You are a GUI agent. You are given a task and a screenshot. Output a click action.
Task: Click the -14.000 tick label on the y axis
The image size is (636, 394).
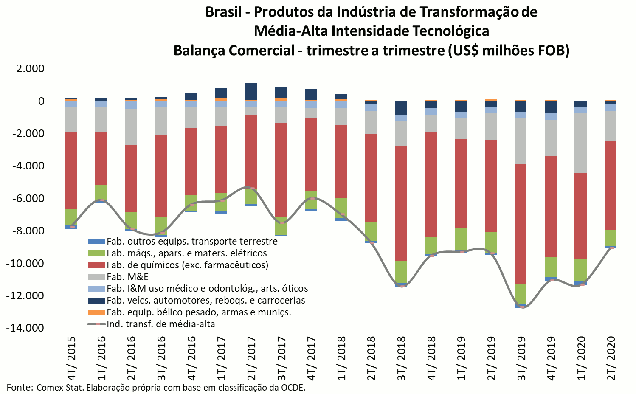click(x=25, y=328)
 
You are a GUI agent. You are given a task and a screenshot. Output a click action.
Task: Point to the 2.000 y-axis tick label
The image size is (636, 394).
click(x=30, y=69)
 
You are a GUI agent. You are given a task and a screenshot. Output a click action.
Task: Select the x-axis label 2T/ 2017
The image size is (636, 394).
click(x=251, y=359)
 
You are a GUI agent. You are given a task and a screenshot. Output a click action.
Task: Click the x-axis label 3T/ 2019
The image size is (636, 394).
click(x=521, y=359)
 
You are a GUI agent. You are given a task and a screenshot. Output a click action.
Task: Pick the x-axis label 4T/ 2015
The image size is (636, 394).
click(x=71, y=359)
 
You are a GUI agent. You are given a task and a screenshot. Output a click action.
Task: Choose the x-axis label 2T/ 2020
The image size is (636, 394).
click(x=611, y=359)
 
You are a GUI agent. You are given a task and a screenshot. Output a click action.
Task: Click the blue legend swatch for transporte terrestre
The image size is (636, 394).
click(x=96, y=242)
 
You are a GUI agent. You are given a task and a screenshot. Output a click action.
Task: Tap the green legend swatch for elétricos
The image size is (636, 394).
click(x=96, y=253)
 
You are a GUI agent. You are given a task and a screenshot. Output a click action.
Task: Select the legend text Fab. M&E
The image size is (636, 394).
click(x=127, y=277)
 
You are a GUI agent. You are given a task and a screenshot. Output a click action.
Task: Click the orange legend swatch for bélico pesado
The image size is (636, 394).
click(x=96, y=312)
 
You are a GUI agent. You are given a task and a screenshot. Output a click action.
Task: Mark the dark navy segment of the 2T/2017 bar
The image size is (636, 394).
click(x=251, y=91)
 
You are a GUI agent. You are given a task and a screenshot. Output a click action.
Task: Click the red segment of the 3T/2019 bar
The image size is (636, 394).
click(x=521, y=224)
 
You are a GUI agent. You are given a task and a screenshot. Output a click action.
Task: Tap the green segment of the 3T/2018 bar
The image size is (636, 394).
click(x=401, y=272)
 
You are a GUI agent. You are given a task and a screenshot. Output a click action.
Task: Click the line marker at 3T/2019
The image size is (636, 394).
click(x=522, y=307)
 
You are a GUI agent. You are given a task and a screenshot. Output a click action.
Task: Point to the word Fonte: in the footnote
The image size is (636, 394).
click(x=20, y=387)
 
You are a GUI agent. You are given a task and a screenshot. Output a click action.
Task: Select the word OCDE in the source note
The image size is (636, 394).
click(x=293, y=387)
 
